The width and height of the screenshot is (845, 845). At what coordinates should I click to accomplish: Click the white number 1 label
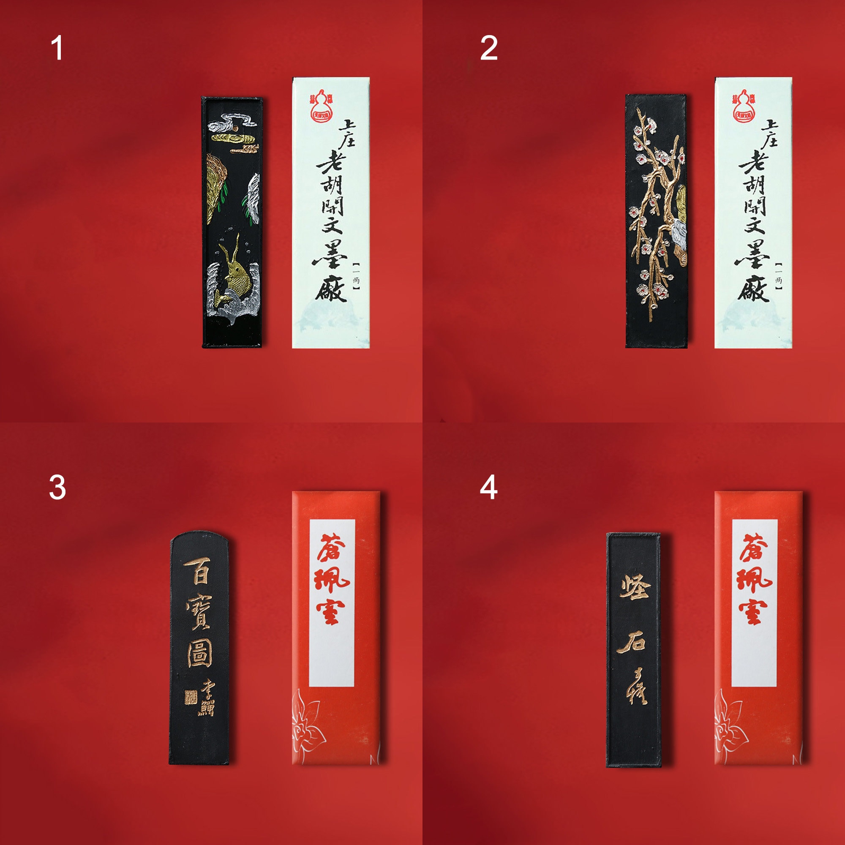pos(57,48)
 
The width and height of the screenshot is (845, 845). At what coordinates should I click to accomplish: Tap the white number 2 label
pos(488,48)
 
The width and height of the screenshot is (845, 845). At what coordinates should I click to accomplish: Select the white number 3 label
pos(57,487)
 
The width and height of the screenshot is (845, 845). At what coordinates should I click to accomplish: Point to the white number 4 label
pos(488,487)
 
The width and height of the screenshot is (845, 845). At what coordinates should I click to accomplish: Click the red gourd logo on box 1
pos(322,105)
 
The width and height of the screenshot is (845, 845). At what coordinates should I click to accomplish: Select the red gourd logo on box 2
pos(744,105)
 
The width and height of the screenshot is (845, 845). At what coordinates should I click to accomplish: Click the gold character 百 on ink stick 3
pos(199,572)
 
